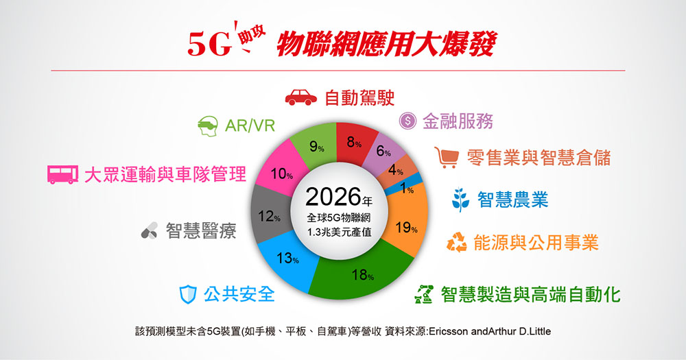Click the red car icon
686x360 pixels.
(301, 97)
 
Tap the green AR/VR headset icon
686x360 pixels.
(207, 126)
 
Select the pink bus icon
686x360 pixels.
(62, 175)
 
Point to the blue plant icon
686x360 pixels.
(461, 200)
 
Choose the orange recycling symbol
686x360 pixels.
(457, 242)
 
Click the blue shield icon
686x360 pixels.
(188, 294)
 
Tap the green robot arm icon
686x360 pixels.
(423, 294)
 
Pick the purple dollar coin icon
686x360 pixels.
(407, 120)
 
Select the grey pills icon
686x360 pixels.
(149, 230)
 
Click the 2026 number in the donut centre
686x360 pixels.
(333, 197)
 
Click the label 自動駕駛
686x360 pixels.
(359, 98)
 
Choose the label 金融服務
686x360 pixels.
(458, 121)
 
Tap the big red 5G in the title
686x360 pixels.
(209, 44)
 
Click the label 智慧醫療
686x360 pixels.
(201, 230)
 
